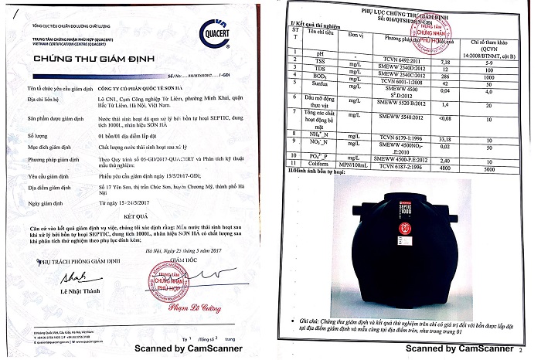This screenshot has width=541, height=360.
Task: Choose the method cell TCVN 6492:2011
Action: tap(385, 58)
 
